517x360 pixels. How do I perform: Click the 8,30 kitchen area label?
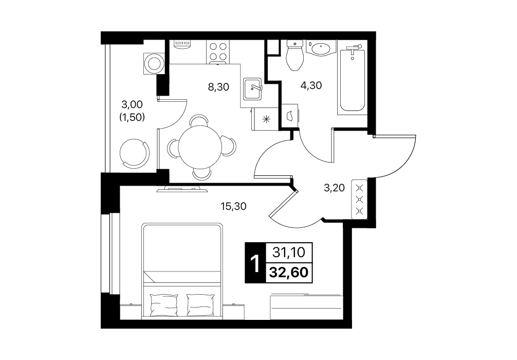pyautogui.click(x=218, y=87)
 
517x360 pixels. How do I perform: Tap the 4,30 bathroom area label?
pyautogui.click(x=311, y=85)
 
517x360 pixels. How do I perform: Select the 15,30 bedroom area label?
pyautogui.click(x=233, y=207)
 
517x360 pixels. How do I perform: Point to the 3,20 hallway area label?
pyautogui.click(x=335, y=188)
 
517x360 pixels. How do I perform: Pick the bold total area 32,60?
pyautogui.click(x=289, y=273)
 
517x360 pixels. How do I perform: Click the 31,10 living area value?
pyautogui.click(x=289, y=253)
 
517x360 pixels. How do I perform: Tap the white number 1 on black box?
pyautogui.click(x=255, y=263)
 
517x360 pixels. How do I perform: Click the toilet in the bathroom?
pyautogui.click(x=295, y=55)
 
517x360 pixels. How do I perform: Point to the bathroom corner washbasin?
pyautogui.click(x=320, y=48)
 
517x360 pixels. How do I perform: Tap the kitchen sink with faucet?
pyautogui.click(x=252, y=89)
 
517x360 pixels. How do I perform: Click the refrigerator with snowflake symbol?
pyautogui.click(x=265, y=119)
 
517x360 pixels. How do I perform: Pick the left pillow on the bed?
pyautogui.click(x=164, y=305)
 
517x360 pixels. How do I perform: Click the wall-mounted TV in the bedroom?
pyautogui.click(x=182, y=189)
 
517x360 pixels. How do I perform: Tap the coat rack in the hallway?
pyautogui.click(x=360, y=199)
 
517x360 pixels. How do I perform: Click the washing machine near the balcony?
pyautogui.click(x=154, y=63)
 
